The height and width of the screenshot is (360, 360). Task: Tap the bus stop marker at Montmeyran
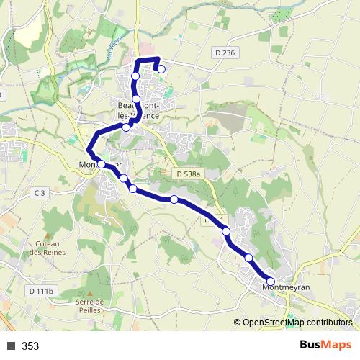271,282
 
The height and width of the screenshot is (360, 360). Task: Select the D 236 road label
225,53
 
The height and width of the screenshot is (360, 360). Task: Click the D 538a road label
189,174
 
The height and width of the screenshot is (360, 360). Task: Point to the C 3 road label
38,192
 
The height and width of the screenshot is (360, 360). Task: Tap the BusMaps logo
325,346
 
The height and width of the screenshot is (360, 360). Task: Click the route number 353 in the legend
30,346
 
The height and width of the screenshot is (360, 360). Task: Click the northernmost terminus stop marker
161,69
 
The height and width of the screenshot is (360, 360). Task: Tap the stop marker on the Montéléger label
102,165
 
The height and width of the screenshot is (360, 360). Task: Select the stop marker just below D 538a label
174,199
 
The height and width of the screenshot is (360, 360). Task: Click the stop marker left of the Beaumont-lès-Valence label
126,127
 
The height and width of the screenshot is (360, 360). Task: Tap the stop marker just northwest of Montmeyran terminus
248,258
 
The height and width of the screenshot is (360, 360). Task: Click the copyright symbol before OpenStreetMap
238,323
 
